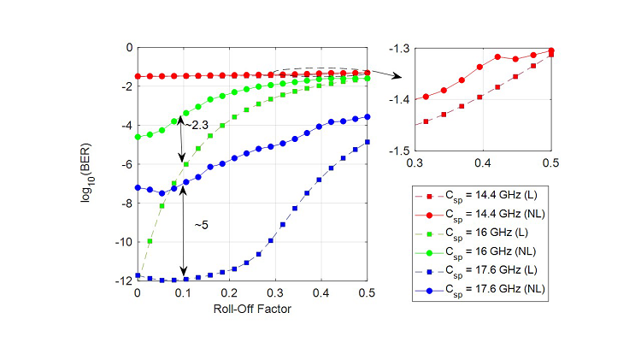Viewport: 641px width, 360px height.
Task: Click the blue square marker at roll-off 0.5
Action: (368, 142)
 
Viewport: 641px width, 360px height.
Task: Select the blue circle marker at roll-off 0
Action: (138, 187)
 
